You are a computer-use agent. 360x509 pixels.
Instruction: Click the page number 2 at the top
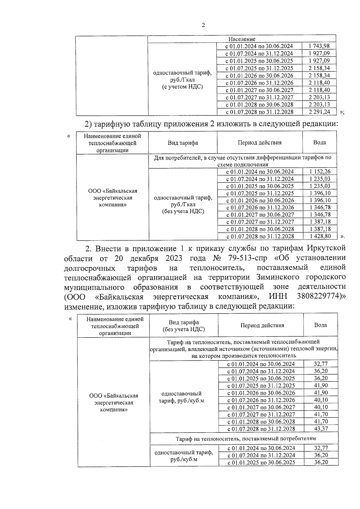click(x=203, y=25)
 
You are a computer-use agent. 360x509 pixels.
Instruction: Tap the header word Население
click(x=242, y=39)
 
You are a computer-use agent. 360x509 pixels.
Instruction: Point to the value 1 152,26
click(x=320, y=172)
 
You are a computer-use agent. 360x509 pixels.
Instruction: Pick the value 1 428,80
click(x=320, y=236)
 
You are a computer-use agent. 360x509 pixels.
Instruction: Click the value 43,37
click(x=321, y=429)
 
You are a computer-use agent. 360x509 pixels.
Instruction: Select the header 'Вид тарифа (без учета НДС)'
click(x=184, y=326)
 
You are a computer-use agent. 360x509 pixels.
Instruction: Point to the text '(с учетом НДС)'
click(x=182, y=87)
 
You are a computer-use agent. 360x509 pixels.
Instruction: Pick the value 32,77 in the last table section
click(x=321, y=448)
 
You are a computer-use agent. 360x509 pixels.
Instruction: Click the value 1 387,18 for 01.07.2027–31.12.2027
click(x=320, y=222)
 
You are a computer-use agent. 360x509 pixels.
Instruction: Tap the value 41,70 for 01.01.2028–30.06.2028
click(x=321, y=421)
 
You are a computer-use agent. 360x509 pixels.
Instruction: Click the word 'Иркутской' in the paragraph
click(x=325, y=248)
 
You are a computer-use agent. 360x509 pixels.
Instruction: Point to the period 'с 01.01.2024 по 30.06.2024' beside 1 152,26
click(x=260, y=172)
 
